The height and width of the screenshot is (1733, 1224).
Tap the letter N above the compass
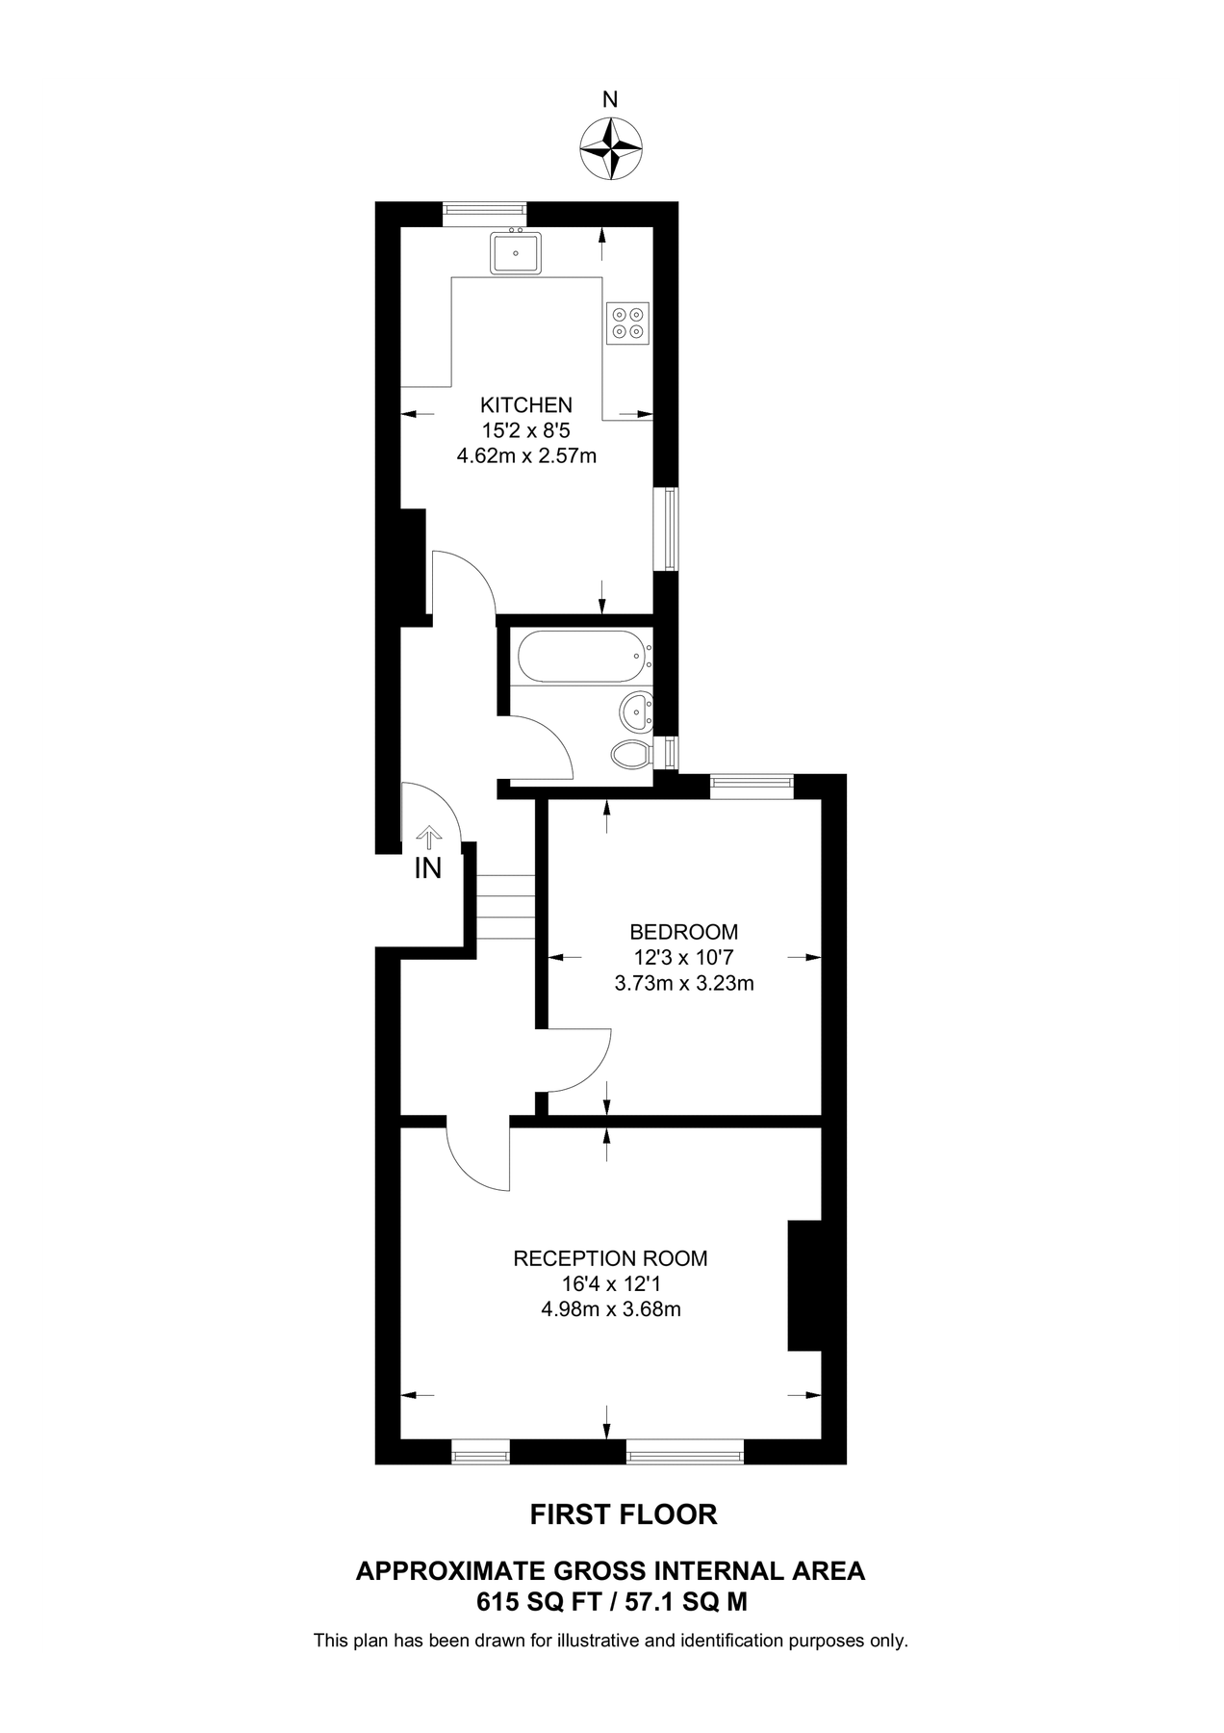point(610,99)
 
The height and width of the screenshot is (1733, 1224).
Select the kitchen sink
point(516,253)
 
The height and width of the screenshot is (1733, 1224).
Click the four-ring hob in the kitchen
point(628,323)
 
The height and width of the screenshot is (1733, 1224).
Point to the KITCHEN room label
point(526,405)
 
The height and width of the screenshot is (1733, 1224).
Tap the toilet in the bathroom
point(632,754)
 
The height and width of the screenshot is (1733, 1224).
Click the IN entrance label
point(427,868)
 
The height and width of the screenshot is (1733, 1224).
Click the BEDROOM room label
point(683,932)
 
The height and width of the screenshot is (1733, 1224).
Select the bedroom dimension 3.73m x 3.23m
point(683,984)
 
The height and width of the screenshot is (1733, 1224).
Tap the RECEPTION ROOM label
point(610,1258)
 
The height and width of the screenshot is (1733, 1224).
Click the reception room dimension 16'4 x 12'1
point(610,1283)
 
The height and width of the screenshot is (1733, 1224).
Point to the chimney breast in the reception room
point(804,1285)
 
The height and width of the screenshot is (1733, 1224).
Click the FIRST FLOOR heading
point(624,1514)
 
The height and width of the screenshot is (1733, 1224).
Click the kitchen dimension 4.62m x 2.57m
point(526,455)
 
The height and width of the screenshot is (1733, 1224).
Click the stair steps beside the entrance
point(505,907)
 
